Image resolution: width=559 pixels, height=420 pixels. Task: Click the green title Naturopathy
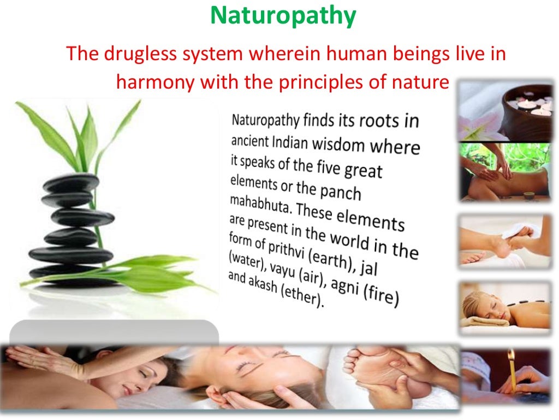(283, 16)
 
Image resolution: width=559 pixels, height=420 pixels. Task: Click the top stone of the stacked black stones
(72, 183)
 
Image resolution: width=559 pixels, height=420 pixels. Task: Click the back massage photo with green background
(504, 171)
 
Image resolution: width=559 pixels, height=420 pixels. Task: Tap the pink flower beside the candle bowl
(475, 129)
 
